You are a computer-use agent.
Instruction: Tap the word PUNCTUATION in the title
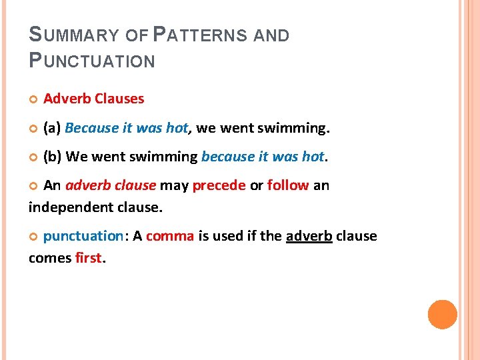point(92,61)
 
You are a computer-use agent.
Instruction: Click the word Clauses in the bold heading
point(119,99)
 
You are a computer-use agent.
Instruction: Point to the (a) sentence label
point(53,127)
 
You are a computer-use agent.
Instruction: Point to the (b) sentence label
point(53,157)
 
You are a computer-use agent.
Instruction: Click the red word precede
point(219,185)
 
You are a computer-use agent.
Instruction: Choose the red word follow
point(287,185)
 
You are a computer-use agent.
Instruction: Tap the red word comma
point(169,236)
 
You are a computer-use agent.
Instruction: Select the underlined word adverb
point(309,236)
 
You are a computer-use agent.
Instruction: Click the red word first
point(87,258)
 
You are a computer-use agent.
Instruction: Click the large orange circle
point(442,315)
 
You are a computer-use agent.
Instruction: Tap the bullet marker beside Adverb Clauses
point(33,99)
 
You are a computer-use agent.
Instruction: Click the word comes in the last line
point(48,258)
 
